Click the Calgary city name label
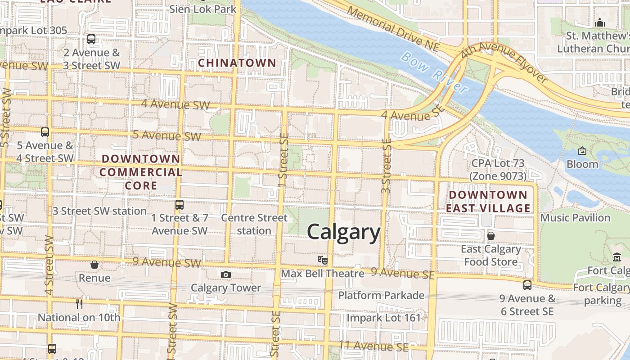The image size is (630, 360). click(344, 233)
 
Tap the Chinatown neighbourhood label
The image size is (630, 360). click(237, 63)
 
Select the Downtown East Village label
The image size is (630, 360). click(488, 201)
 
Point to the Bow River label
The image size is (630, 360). click(435, 72)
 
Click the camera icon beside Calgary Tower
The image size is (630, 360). click(226, 274)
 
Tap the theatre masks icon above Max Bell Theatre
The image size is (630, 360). click(322, 260)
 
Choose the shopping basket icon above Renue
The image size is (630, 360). click(94, 265)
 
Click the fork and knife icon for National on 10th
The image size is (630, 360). click(79, 304)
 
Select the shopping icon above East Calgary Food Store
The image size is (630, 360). click(491, 235)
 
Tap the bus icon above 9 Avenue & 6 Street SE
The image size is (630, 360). click(527, 285)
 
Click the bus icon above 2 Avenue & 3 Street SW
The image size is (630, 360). click(91, 39)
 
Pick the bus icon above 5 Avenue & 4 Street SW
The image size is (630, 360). click(45, 132)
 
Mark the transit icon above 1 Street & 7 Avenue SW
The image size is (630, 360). click(180, 205)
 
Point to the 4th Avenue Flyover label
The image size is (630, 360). click(504, 62)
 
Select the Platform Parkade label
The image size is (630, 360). click(381, 295)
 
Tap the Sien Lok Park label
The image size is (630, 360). click(203, 9)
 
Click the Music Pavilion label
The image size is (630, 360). click(575, 218)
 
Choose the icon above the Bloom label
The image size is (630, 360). click(582, 151)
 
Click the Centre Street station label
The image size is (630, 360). click(254, 224)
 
